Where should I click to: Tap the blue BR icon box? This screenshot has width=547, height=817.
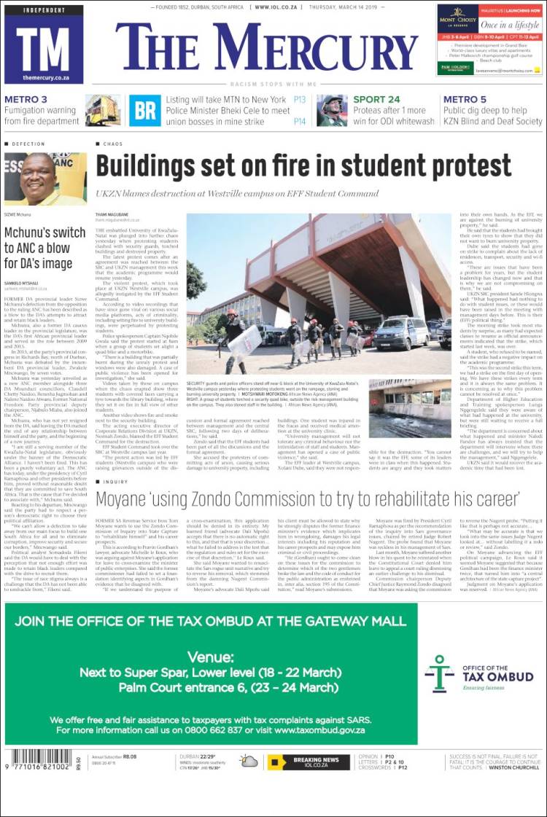point(144,110)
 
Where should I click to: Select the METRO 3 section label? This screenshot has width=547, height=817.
point(26,100)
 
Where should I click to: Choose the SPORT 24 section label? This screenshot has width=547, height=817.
point(376,100)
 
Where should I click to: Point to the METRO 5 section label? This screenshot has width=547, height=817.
point(465,100)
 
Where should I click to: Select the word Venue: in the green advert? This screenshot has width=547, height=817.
point(209,656)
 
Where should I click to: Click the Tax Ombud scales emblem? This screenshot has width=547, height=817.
point(440,673)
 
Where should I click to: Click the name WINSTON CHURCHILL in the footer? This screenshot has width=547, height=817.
point(514,767)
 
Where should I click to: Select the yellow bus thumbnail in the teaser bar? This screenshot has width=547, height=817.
point(104,110)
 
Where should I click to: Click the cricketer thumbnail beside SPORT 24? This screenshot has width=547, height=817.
point(332,110)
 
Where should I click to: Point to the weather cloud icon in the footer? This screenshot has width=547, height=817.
point(249,762)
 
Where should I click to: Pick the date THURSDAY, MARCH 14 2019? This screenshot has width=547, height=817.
point(377,7)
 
